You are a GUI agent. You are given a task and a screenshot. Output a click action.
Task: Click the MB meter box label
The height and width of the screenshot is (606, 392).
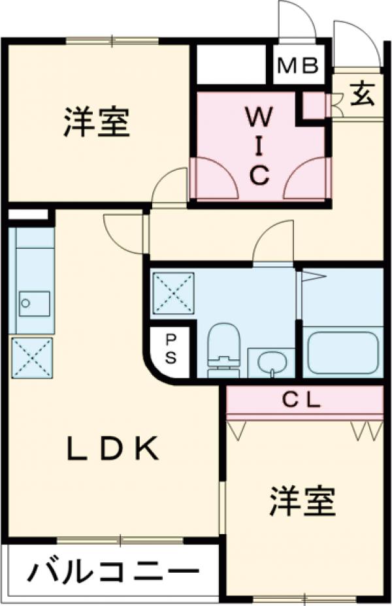click(x=297, y=66)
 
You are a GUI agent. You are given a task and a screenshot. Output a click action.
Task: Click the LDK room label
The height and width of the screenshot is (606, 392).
click(x=112, y=449)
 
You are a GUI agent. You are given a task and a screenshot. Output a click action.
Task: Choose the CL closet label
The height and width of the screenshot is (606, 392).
click(x=302, y=400)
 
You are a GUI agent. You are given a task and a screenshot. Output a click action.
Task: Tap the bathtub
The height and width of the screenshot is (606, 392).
click(x=342, y=353)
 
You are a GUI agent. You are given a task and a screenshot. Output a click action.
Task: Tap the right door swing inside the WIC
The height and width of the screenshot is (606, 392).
click(x=304, y=178)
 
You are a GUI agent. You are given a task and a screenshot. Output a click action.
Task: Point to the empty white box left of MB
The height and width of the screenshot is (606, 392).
click(x=235, y=64)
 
